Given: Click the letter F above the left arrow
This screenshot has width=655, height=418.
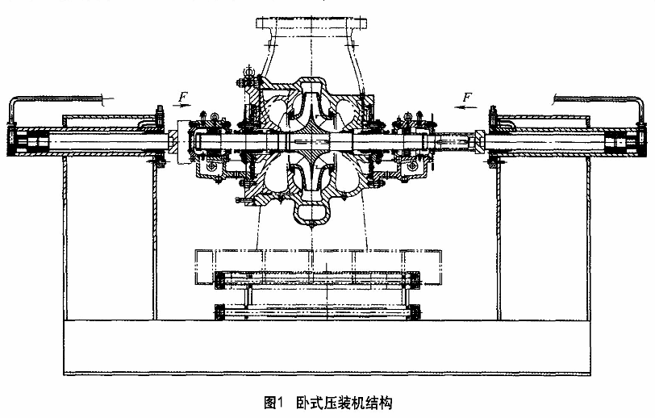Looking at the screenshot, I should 183,98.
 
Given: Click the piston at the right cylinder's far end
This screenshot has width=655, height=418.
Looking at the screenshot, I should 621,144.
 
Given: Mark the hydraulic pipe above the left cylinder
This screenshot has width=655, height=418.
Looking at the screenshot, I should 73,98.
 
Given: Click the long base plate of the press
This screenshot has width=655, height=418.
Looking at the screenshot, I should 323,347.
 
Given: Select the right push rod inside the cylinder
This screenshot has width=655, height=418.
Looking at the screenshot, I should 549,144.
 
